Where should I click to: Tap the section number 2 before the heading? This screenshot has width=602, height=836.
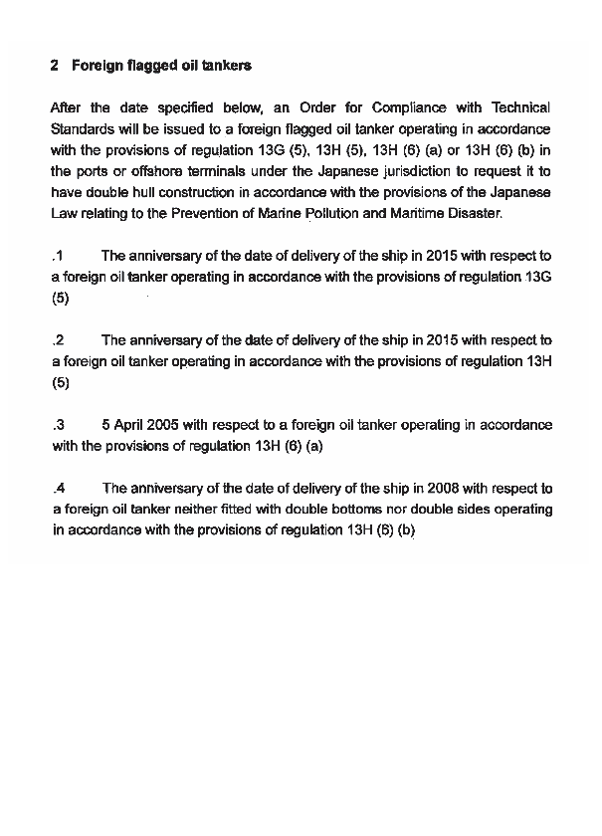(x=54, y=66)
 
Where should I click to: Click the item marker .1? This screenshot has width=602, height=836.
(x=58, y=256)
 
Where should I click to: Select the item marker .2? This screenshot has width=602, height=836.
(x=58, y=340)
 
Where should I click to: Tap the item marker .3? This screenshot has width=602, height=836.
(x=58, y=425)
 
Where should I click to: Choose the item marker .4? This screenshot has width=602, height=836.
(x=58, y=489)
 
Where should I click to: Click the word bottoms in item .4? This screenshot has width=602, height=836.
(x=335, y=510)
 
